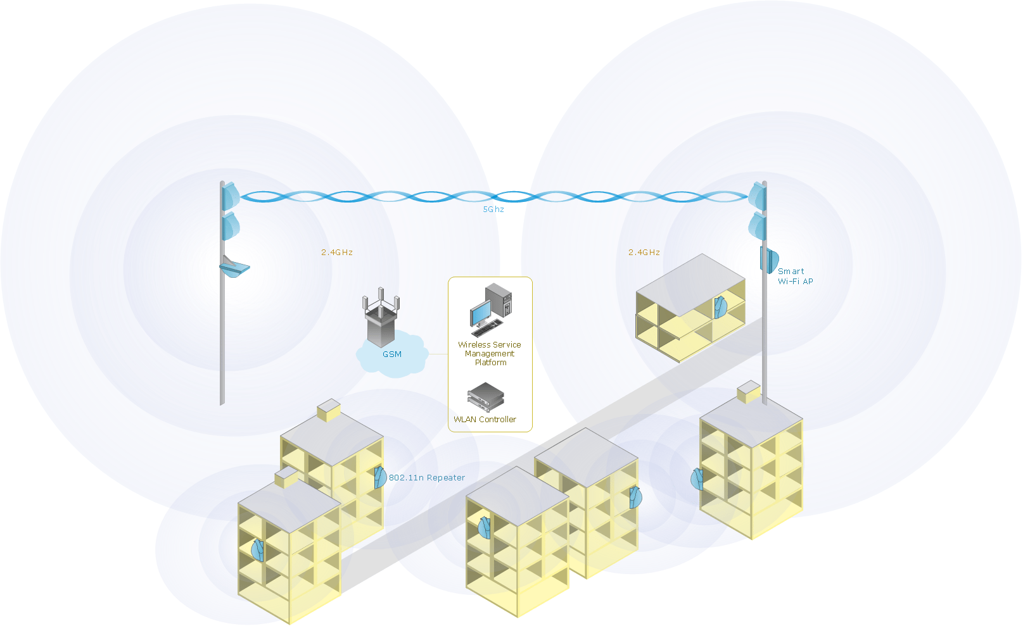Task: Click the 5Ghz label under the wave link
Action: pyautogui.click(x=493, y=210)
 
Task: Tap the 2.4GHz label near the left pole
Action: pyautogui.click(x=336, y=253)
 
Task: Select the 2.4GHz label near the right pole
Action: pyautogui.click(x=644, y=253)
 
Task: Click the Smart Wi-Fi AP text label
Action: pyautogui.click(x=794, y=277)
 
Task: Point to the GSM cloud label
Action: pyautogui.click(x=391, y=354)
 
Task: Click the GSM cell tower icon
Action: pyautogui.click(x=380, y=316)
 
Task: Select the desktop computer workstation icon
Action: pyautogui.click(x=490, y=310)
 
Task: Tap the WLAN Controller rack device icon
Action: pyautogui.click(x=485, y=397)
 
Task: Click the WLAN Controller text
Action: pyautogui.click(x=485, y=420)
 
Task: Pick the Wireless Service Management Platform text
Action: pyautogui.click(x=490, y=354)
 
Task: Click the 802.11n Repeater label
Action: pyautogui.click(x=426, y=478)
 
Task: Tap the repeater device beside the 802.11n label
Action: pyautogui.click(x=380, y=477)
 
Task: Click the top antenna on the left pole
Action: pyautogui.click(x=231, y=196)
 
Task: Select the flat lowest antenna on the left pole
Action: pyautogui.click(x=234, y=268)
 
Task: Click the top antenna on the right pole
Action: pyautogui.click(x=757, y=196)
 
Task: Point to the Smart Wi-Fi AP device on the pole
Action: pyautogui.click(x=769, y=260)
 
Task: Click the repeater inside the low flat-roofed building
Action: pyautogui.click(x=720, y=308)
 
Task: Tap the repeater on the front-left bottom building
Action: pyautogui.click(x=257, y=550)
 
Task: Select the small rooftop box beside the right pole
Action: pyautogui.click(x=749, y=392)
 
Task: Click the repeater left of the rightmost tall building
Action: pyautogui.click(x=697, y=479)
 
